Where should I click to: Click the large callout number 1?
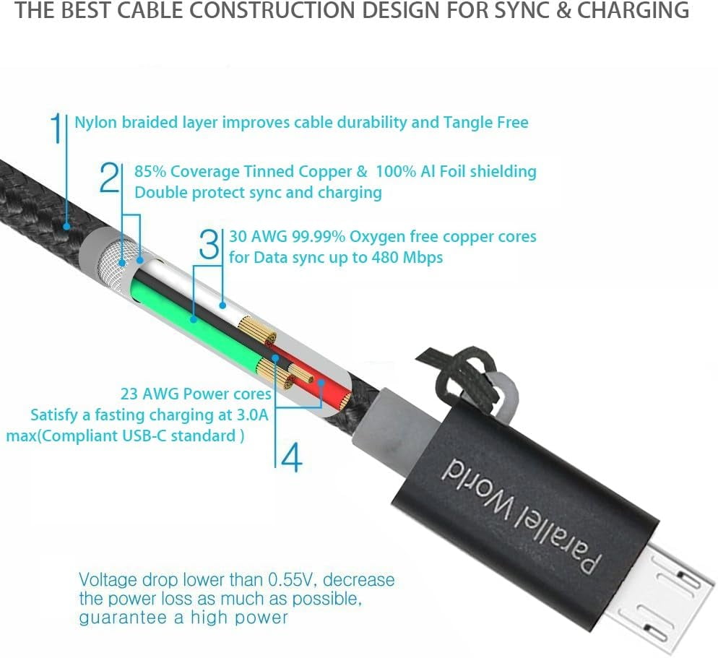[56, 129]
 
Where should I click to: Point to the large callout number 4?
[292, 457]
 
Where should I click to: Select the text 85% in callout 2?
[150, 171]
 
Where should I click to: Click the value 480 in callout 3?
[384, 257]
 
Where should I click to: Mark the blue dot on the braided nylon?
[66, 226]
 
